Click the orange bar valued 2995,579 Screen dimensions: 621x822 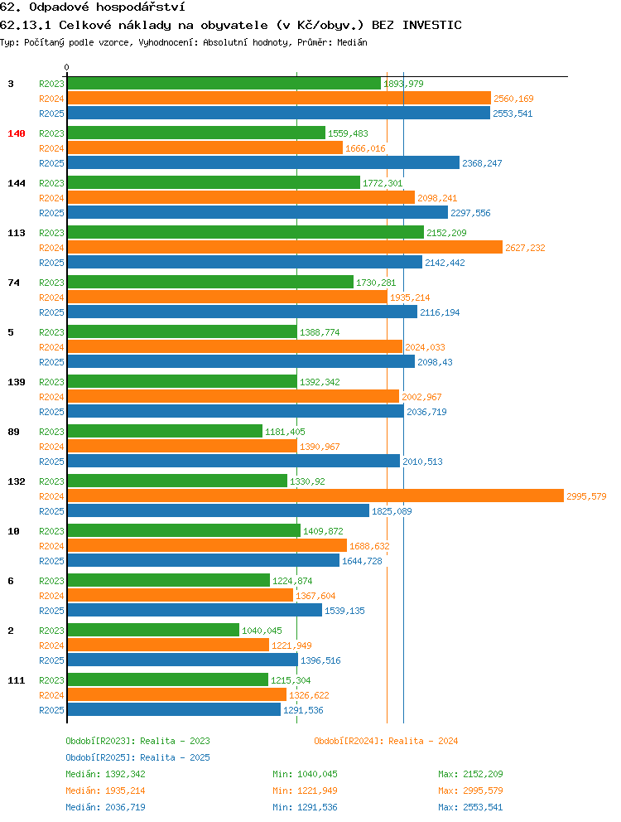coord(315,496)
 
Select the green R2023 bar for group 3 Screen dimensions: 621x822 coord(224,84)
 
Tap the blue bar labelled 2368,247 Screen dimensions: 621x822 coord(263,163)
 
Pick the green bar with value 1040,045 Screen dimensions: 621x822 coord(153,630)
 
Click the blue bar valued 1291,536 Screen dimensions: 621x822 coord(174,710)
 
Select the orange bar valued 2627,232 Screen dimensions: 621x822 coord(285,248)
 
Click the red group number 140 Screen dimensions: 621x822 coord(17,133)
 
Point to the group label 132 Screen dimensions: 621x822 coord(17,481)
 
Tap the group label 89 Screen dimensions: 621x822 coord(13,432)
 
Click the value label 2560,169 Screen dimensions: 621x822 coord(513,99)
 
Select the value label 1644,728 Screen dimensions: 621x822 coord(362,561)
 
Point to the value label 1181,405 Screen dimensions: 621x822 coord(285,432)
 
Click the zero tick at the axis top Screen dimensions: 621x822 coord(66,68)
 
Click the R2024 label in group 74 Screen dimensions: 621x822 coord(51,297)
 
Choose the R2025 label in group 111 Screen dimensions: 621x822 coord(51,710)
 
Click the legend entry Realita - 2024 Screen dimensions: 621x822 coord(386,741)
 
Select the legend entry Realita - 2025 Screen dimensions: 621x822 coord(137,757)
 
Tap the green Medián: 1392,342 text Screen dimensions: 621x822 coord(105,774)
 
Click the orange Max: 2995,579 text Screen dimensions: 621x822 coord(470,791)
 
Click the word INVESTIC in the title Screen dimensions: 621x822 coord(432,25)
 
